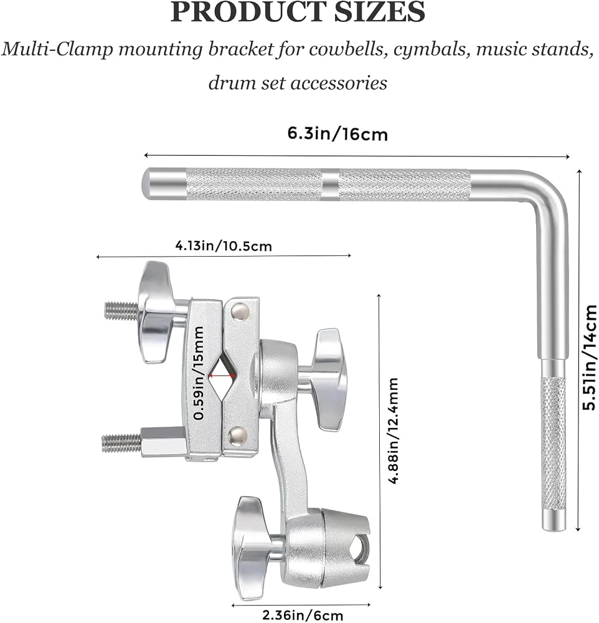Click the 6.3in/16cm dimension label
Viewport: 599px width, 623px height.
[x=337, y=134]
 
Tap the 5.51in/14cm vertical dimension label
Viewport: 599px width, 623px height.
[x=589, y=357]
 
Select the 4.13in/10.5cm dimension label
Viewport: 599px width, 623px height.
[x=224, y=246]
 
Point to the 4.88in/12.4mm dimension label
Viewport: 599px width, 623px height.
[x=394, y=430]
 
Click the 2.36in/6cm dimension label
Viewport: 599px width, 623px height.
[x=302, y=616]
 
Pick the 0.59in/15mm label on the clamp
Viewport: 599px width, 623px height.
[x=198, y=373]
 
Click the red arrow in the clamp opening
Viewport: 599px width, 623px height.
[x=222, y=374]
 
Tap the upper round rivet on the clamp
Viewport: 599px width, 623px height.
[x=240, y=310]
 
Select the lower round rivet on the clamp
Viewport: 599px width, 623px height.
[x=237, y=435]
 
